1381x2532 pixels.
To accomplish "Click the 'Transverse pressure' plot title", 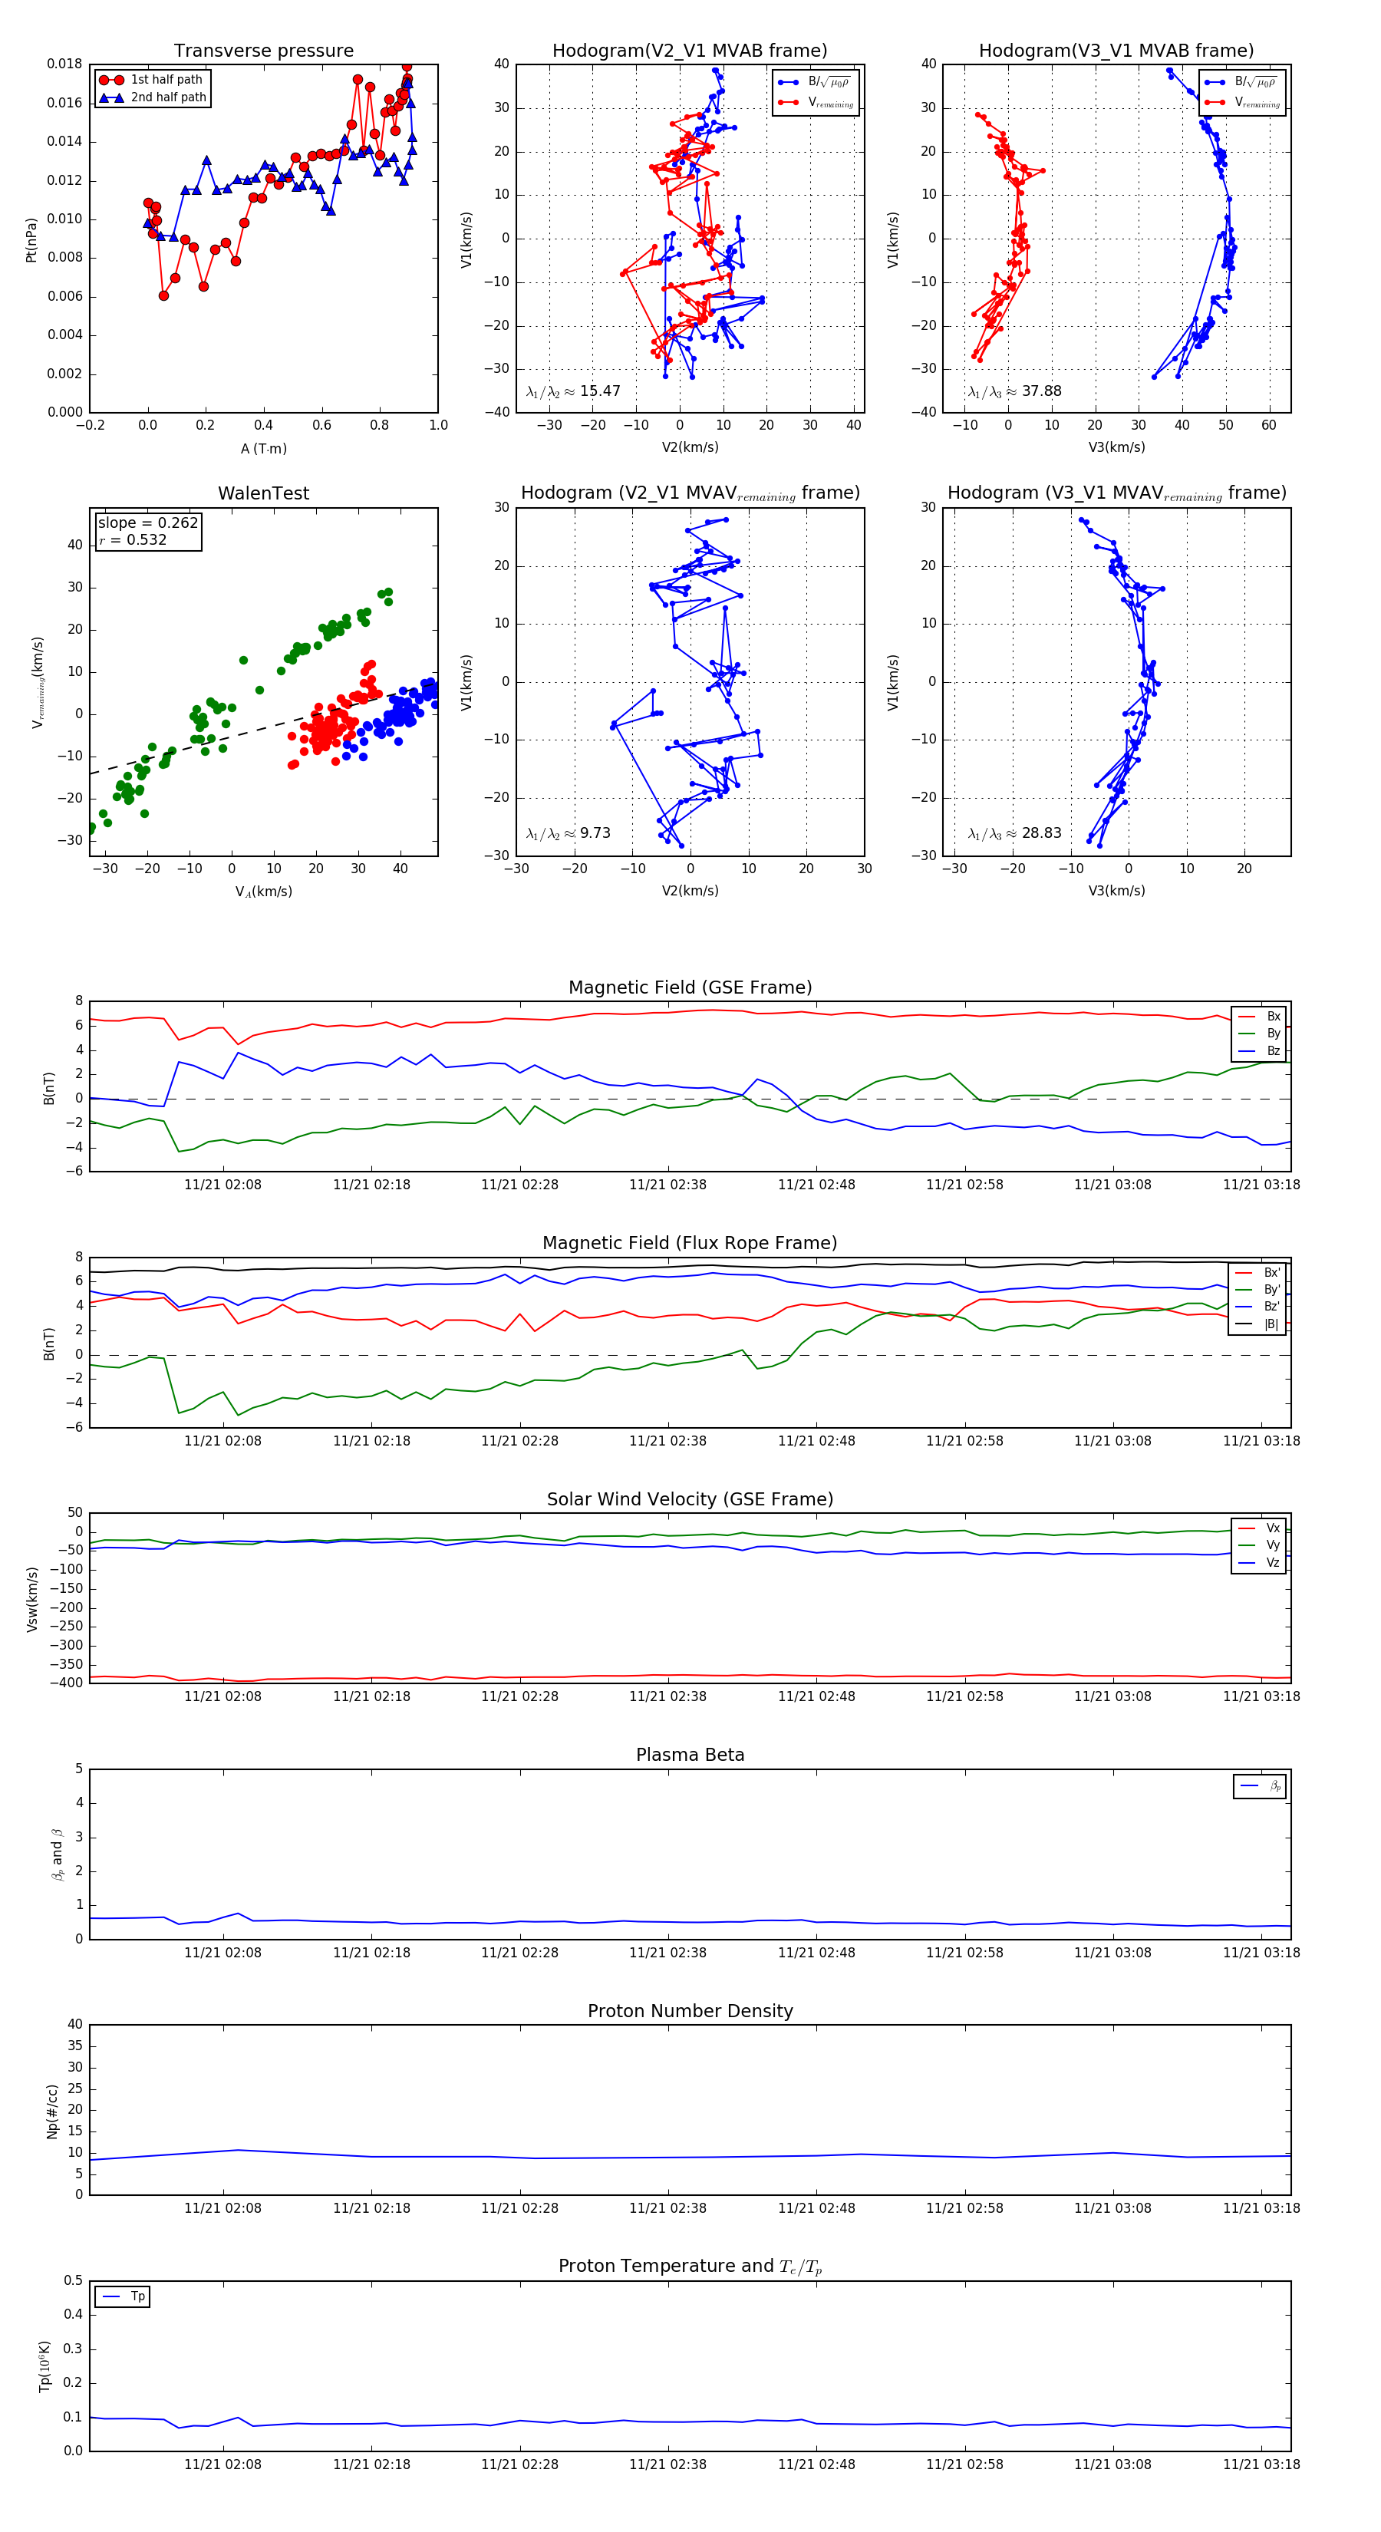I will pos(263,51).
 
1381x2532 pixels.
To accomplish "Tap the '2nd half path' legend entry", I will pos(168,97).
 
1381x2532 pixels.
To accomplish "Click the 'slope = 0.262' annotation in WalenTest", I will pos(147,523).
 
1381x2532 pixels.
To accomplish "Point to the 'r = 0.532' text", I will pos(133,539).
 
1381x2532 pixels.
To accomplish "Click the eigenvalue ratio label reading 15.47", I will pos(573,391).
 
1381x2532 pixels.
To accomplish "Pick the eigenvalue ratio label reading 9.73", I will pos(568,833).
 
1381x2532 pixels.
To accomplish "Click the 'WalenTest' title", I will pos(263,493).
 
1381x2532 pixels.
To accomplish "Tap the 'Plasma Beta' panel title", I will pos(690,1755).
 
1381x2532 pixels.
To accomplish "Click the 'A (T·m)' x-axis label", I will pos(263,448).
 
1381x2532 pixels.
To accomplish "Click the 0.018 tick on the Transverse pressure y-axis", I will pos(65,64).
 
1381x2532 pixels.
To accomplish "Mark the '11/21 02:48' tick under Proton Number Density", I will pos(816,2207).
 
